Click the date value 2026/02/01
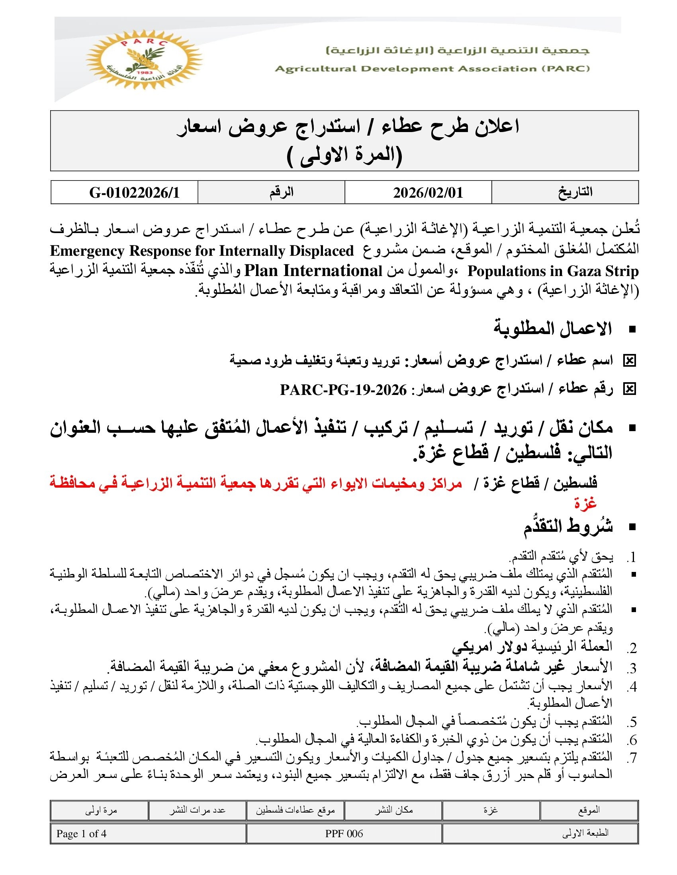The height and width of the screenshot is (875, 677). point(428,193)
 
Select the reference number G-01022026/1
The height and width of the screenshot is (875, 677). point(134,193)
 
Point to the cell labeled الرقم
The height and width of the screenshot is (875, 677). point(282,192)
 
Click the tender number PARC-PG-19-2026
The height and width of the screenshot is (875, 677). point(343,389)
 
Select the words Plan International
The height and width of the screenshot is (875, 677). point(313,271)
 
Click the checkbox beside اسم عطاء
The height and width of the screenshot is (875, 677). point(630,361)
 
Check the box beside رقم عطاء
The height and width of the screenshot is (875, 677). point(630,389)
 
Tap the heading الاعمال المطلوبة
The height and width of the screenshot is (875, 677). point(553,329)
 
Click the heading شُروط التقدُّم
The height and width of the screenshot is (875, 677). point(568,527)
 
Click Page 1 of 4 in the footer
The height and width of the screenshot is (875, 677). point(81,834)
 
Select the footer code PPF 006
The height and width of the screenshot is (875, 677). point(344,834)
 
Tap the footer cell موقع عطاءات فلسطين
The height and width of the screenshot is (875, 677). point(295,810)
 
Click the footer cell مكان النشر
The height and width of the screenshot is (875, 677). point(393,810)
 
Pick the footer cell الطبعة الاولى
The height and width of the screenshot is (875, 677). point(585,834)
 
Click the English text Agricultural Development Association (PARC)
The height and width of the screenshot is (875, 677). point(432,68)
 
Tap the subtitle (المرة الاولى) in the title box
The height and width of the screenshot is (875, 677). point(345,155)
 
